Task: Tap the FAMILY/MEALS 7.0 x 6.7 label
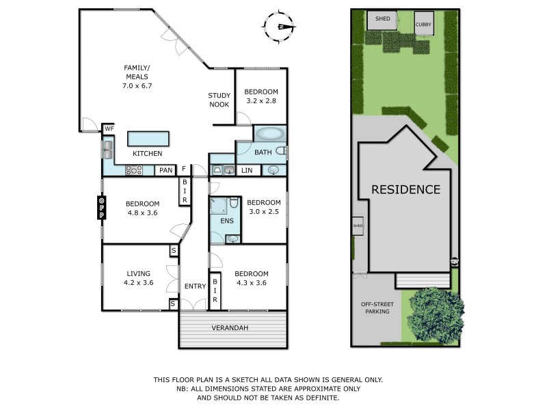137,77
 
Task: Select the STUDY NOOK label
219,100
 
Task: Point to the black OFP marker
101,208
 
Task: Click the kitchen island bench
148,139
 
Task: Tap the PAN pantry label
165,170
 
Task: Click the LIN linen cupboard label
248,170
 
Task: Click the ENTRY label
195,286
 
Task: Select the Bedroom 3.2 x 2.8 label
262,96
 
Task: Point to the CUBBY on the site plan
424,23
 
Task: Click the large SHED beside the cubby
382,20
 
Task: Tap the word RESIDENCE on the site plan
405,189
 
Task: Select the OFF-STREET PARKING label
375,307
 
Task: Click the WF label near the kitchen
109,128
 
